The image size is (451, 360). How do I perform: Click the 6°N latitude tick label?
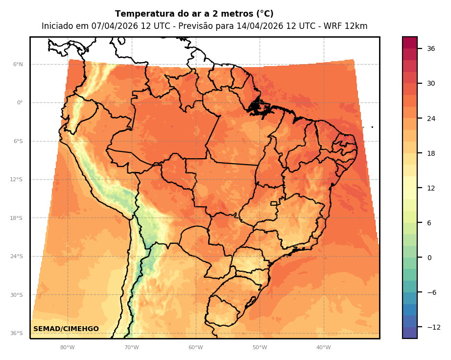tap(18, 64)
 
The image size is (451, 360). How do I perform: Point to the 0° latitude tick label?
tap(20, 103)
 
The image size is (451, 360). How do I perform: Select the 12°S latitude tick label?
tap(17, 180)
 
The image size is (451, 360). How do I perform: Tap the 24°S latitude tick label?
tap(17, 257)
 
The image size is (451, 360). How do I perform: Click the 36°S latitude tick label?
tap(17, 334)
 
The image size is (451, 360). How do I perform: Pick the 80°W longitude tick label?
tap(68, 348)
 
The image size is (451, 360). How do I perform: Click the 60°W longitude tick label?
tap(196, 348)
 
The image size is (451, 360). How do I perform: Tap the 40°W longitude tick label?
tap(324, 348)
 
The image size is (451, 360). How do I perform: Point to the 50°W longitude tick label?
tap(260, 348)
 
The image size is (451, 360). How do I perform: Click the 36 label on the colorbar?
tap(431, 48)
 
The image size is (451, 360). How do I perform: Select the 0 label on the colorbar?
tap(429, 258)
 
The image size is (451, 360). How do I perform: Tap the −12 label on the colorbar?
tap(433, 327)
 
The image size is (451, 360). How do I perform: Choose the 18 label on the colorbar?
tap(431, 153)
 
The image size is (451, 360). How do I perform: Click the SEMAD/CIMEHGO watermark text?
tap(66, 329)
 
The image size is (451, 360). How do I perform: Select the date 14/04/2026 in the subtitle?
tap(259, 26)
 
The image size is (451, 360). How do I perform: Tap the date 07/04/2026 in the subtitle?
tap(114, 26)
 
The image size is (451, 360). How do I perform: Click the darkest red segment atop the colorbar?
tap(410, 43)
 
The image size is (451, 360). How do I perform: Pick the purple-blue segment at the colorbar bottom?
tap(410, 333)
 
